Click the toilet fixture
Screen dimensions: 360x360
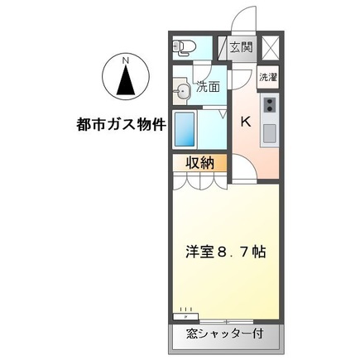(x=183, y=46)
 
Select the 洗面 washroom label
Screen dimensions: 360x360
(x=208, y=86)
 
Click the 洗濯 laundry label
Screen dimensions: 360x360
(x=268, y=77)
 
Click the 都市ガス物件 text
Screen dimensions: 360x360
(x=118, y=127)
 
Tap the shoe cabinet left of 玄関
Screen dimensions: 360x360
(x=223, y=47)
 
